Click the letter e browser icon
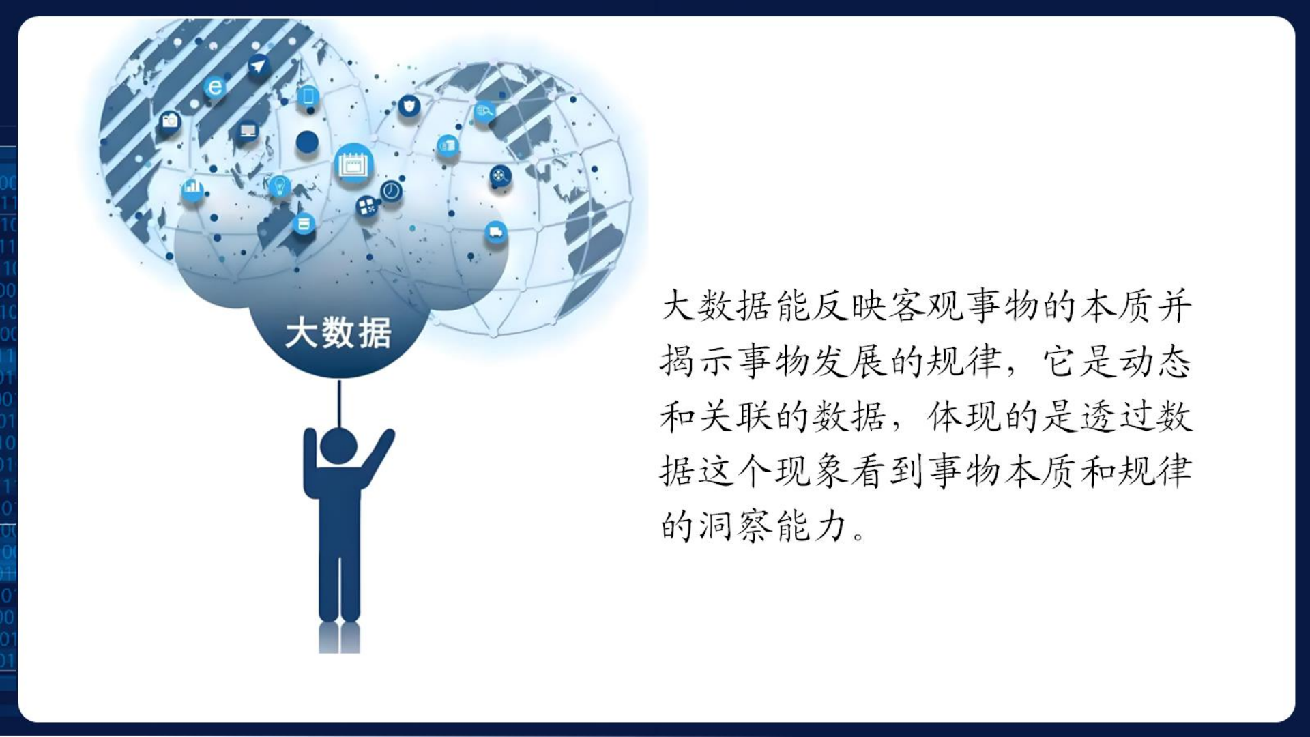point(214,87)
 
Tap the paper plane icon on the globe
point(258,66)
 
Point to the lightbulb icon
point(279,186)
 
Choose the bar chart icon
point(192,189)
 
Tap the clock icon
point(391,190)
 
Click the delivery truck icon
point(496,233)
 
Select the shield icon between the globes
point(409,106)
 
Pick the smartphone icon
point(308,96)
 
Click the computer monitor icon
point(248,130)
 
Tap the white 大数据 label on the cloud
point(338,334)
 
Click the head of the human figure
point(339,446)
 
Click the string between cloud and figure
point(339,403)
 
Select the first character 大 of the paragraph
point(678,306)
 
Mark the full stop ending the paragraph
point(859,535)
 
